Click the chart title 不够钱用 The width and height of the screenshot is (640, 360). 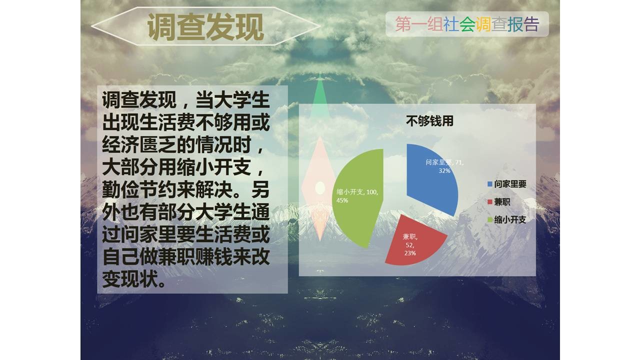pos(429,121)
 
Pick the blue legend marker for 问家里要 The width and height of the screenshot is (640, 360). pos(490,184)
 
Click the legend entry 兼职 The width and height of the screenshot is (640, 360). pos(502,201)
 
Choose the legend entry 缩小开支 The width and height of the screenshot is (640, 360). pos(509,219)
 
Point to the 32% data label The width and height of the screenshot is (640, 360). pos(444,170)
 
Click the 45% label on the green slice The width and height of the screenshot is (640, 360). pos(342,200)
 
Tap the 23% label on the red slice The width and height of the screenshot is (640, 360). pos(410,253)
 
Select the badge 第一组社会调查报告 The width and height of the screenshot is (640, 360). pos(467,24)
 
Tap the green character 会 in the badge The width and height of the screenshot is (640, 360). pos(467,24)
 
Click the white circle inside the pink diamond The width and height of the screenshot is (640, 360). pos(319,188)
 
